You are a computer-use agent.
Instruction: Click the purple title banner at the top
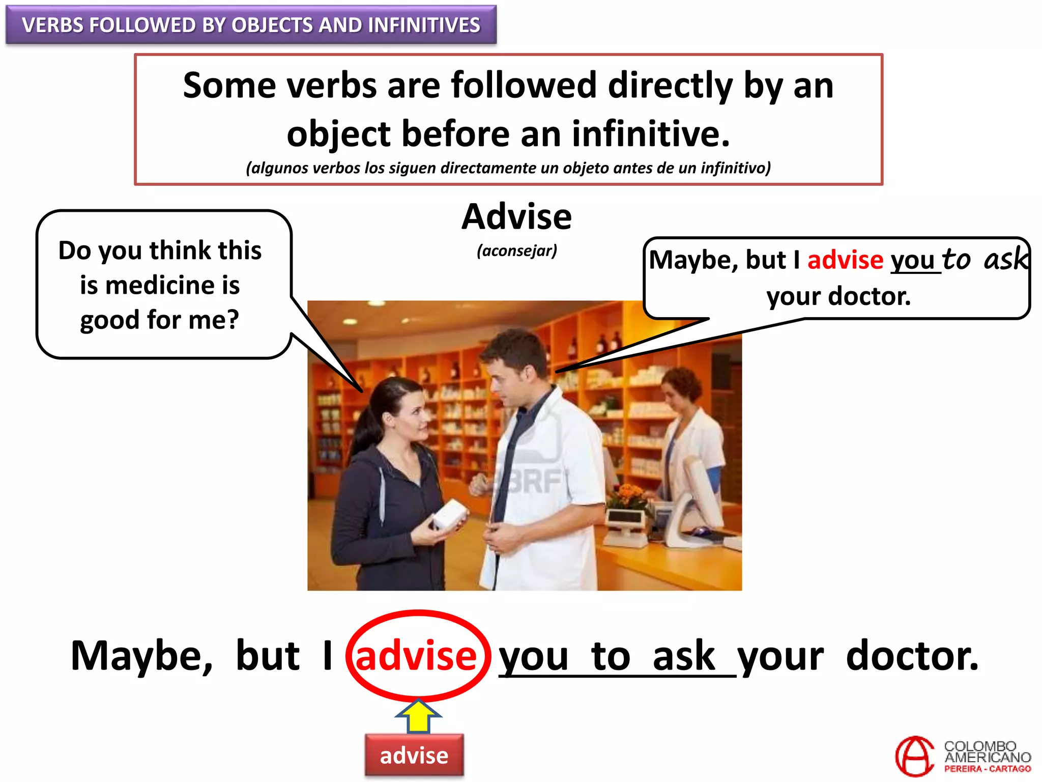(251, 25)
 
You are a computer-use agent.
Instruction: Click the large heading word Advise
(516, 217)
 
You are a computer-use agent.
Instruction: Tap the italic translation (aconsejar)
(517, 250)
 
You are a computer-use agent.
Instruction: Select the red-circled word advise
(416, 656)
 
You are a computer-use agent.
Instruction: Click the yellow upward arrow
(418, 715)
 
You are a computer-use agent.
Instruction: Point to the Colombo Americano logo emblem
(914, 756)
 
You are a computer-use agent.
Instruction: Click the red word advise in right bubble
(845, 260)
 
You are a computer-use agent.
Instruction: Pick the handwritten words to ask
(985, 259)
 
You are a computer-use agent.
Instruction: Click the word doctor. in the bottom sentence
(912, 656)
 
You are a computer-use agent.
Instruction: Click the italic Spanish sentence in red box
(508, 168)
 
